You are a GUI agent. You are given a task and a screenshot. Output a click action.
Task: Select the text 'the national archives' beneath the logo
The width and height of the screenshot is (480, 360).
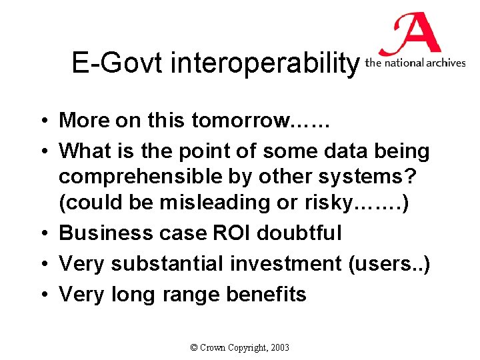[415, 63]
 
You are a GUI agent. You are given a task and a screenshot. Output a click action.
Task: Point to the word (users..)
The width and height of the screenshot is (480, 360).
[389, 263]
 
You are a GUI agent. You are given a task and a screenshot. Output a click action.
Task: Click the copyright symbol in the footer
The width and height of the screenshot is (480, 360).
[194, 347]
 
